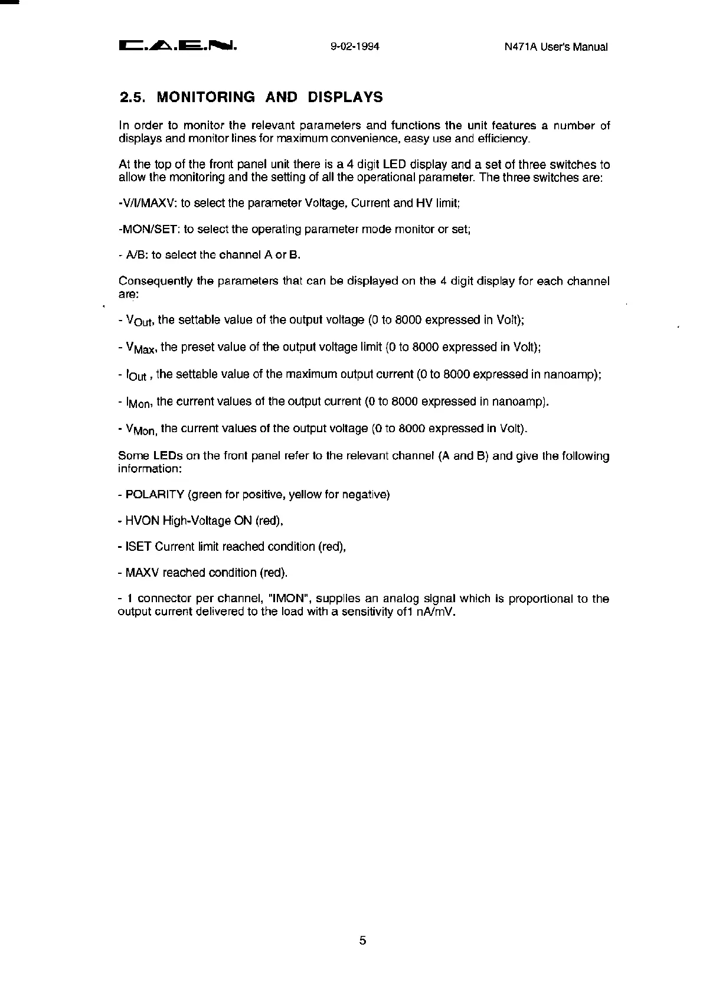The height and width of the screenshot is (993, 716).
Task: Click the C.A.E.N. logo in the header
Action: coord(178,45)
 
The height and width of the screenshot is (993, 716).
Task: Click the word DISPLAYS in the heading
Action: coord(345,97)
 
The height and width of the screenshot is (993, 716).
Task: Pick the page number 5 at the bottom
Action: coord(362,940)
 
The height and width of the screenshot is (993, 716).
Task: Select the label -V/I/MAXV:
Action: coord(148,203)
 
